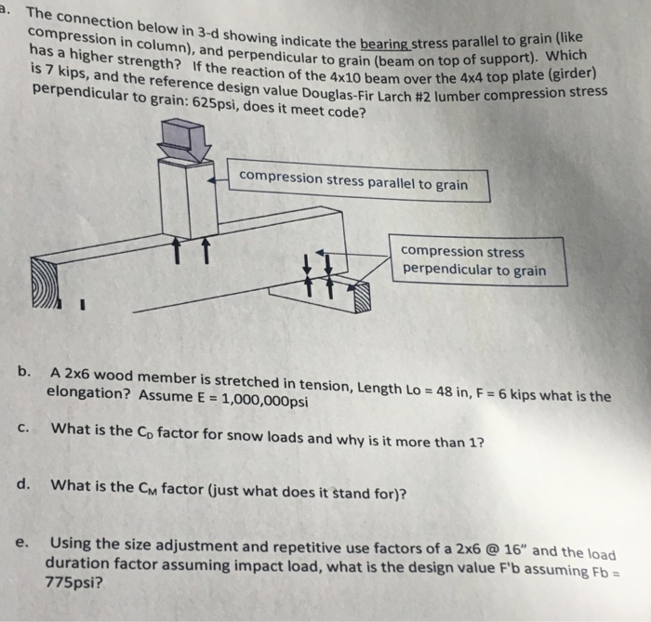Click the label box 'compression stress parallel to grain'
click(353, 181)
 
